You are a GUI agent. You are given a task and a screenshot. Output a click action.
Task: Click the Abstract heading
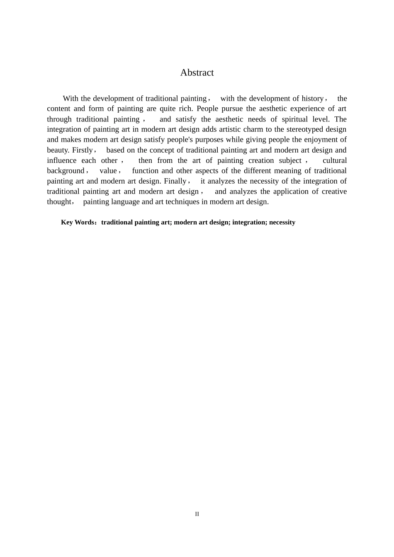tap(197, 73)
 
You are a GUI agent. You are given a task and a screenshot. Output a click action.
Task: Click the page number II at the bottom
tap(197, 514)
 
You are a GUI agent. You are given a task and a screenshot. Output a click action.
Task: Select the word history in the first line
tap(312, 99)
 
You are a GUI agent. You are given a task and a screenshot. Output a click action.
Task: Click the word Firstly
tap(83, 150)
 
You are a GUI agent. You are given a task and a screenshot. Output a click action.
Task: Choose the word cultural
tap(334, 160)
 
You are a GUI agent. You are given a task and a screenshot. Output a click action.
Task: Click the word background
tap(66, 171)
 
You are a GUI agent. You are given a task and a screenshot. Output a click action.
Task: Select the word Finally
tap(175, 181)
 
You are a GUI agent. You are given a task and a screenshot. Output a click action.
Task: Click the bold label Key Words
tap(78, 222)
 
